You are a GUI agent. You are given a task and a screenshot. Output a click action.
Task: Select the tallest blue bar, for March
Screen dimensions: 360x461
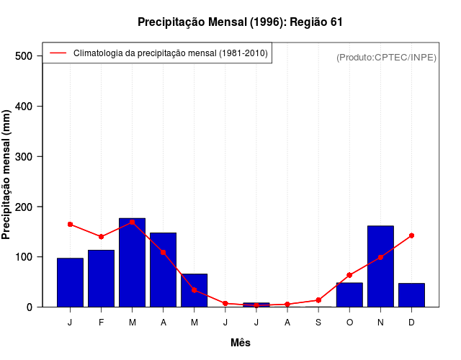132,263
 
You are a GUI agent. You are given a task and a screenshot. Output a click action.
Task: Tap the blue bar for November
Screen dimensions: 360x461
380,266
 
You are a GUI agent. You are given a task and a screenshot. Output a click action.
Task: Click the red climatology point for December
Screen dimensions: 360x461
411,235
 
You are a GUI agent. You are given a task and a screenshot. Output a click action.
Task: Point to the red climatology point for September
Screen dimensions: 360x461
318,300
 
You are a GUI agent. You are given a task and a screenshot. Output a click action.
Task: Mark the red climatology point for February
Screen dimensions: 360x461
101,237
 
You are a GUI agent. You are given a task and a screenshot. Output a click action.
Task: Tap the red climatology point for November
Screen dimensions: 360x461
380,257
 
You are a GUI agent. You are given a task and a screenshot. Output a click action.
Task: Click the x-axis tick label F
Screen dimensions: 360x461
101,323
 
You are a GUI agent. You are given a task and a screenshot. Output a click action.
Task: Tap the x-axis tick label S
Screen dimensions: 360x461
318,323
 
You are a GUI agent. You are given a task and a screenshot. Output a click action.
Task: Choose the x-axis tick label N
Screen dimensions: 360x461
380,323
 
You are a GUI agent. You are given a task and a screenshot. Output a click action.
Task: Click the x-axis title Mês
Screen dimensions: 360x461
241,343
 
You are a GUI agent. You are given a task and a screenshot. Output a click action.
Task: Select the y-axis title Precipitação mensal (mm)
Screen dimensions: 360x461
7,175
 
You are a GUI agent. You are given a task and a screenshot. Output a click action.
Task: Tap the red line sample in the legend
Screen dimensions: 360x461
58,53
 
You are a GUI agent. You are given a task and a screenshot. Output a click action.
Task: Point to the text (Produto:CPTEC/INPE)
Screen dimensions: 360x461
386,58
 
